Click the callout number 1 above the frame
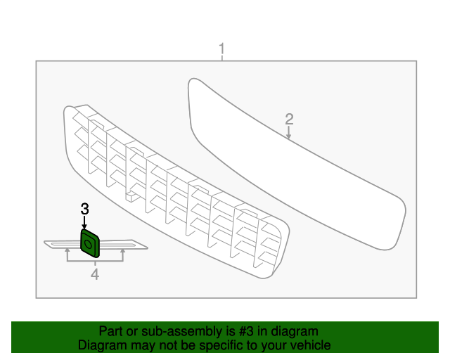point(222,49)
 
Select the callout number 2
point(289,119)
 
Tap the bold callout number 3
point(84,209)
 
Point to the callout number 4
point(95,274)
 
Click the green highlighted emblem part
point(90,243)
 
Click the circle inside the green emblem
point(88,244)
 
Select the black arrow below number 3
point(84,223)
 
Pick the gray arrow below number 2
point(289,133)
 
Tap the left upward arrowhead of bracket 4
point(67,251)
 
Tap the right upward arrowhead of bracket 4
point(123,251)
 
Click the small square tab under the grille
point(131,196)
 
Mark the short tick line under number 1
point(222,58)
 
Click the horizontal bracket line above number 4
point(95,262)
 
